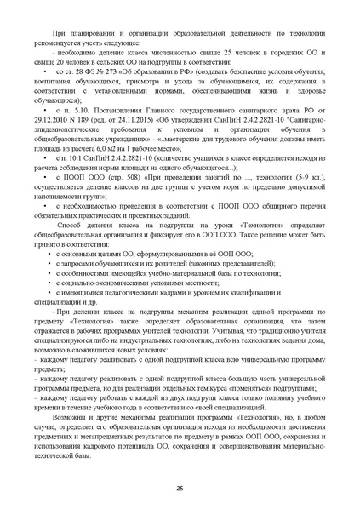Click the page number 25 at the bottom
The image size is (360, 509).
coord(180,486)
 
